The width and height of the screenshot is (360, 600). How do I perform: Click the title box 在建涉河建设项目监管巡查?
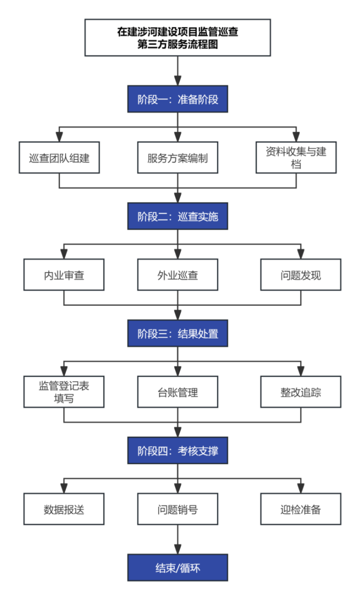(177, 37)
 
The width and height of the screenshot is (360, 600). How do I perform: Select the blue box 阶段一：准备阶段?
(177, 99)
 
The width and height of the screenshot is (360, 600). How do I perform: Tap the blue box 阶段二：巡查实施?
(177, 216)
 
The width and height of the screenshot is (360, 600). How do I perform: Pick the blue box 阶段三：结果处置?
(177, 333)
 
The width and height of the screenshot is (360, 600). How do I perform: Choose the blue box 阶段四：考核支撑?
(177, 450)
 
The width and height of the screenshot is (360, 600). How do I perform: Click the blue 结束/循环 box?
(177, 567)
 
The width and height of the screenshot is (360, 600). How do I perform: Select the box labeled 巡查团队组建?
(59, 157)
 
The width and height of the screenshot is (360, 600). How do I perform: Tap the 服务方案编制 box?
(177, 157)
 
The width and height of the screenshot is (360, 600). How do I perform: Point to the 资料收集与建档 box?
(296, 157)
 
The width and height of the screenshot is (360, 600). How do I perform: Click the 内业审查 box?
(64, 274)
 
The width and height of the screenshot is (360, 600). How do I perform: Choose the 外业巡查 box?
(177, 274)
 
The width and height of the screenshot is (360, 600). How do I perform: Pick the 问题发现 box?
(301, 274)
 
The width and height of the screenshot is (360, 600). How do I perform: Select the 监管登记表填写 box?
(64, 392)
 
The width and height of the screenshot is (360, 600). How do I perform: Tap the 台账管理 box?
(177, 392)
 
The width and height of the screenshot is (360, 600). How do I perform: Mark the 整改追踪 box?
(301, 392)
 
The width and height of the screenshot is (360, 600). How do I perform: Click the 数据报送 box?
(64, 509)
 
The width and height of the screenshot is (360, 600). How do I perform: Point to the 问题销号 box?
(177, 509)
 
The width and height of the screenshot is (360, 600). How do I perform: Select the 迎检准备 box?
(301, 509)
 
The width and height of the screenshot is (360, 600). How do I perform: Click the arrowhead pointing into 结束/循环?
(177, 549)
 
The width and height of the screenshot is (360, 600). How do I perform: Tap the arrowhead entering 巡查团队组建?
(59, 137)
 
